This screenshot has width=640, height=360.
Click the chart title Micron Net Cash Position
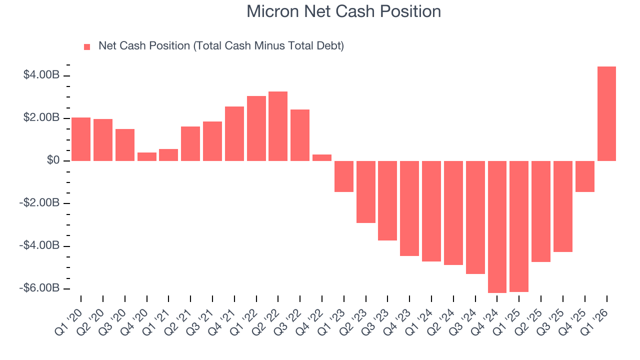click(343, 11)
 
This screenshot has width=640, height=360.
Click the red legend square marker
click(87, 46)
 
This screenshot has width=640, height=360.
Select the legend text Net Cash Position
click(221, 46)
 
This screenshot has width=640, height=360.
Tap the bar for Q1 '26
click(606, 113)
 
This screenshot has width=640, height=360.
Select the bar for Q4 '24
click(497, 226)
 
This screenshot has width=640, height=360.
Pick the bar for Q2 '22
click(278, 126)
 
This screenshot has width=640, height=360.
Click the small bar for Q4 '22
click(322, 157)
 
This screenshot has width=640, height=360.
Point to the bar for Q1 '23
click(343, 176)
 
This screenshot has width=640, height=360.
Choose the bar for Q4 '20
click(146, 156)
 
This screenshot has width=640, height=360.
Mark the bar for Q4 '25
click(584, 176)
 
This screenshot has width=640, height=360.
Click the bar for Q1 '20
click(81, 139)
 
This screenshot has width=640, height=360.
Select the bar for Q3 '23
click(387, 200)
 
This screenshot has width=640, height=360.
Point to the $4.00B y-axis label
click(41, 75)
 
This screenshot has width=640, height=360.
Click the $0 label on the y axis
click(53, 160)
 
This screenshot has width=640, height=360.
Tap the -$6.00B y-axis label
click(40, 288)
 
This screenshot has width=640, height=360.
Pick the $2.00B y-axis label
click(41, 118)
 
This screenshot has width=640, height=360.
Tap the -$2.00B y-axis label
click(40, 203)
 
